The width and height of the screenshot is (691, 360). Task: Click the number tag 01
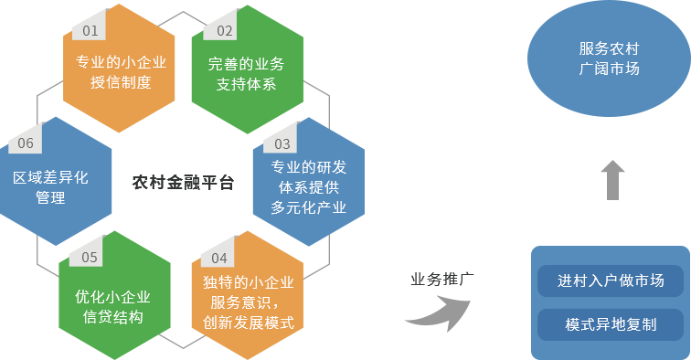[x=90, y=30]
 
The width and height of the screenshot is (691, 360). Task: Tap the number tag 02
[x=224, y=30]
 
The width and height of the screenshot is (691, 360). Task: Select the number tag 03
[x=282, y=143]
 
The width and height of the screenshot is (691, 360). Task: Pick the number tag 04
[x=218, y=258]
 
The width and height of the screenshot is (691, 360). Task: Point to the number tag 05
[x=89, y=257]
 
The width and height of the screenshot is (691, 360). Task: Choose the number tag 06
[x=25, y=143]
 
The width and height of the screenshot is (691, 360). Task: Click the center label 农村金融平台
[x=183, y=182]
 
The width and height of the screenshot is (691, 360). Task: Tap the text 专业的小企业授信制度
[x=120, y=73]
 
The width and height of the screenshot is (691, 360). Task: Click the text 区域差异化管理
[x=50, y=187]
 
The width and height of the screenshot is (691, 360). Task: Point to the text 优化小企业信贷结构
[x=113, y=306]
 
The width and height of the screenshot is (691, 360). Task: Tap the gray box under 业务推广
[x=437, y=313]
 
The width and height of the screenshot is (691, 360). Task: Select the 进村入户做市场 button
[x=611, y=281]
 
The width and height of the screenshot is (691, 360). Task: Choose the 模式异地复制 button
[x=611, y=324]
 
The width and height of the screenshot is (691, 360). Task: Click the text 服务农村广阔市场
[x=609, y=58]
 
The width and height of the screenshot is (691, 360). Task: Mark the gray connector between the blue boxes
[x=612, y=179]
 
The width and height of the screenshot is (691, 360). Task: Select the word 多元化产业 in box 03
[x=308, y=207]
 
